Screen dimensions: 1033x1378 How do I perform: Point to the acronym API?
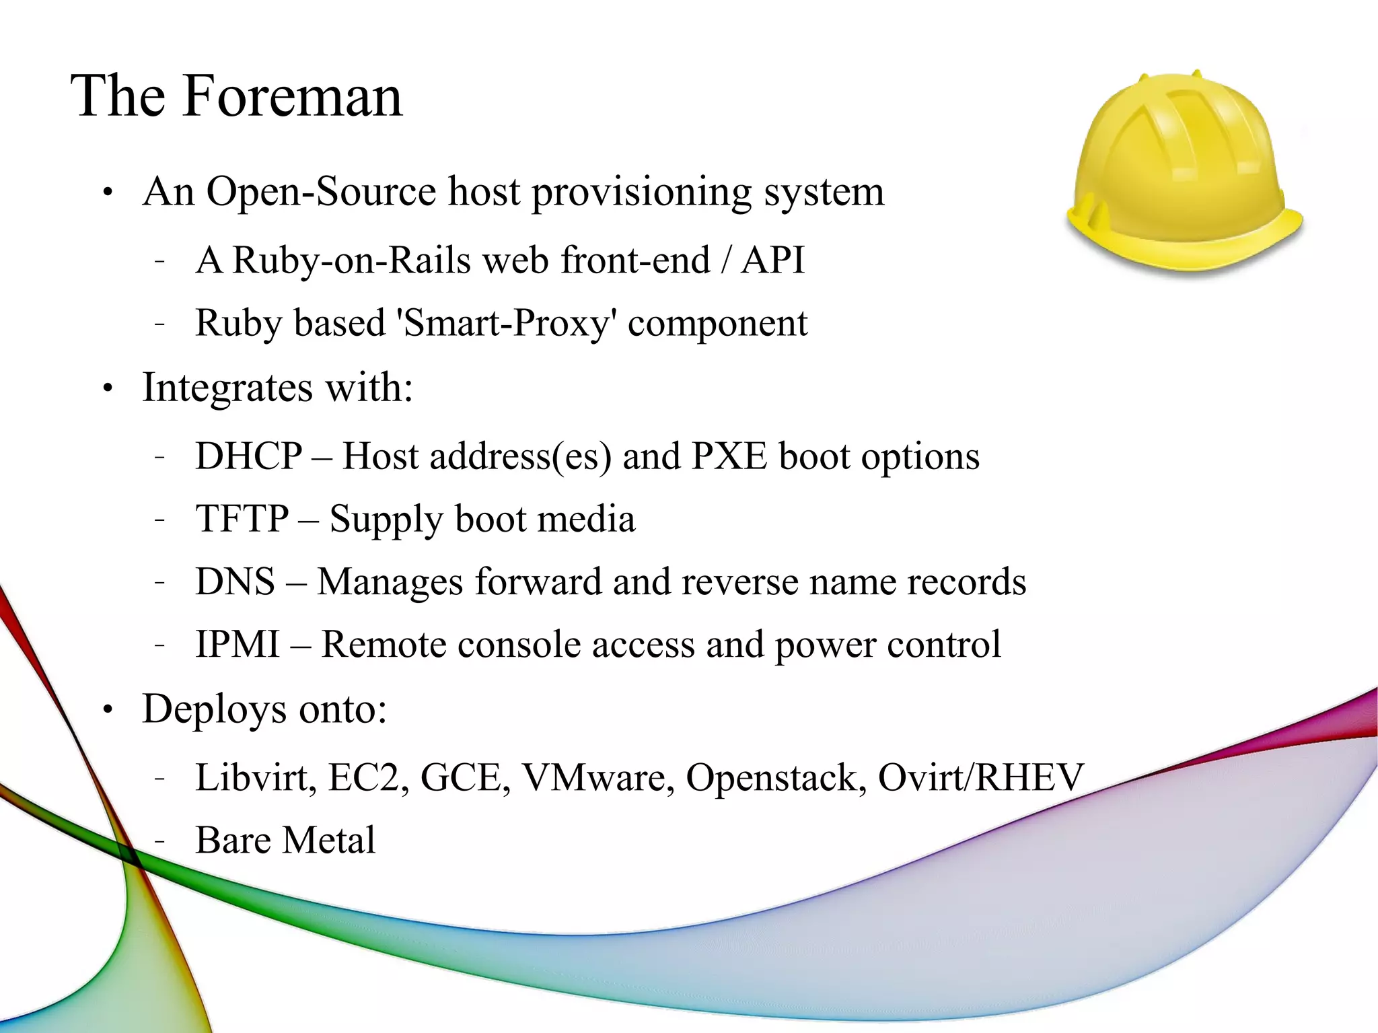point(772,260)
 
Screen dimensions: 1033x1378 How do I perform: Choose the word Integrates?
point(227,388)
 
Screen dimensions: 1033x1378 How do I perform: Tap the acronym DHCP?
point(249,456)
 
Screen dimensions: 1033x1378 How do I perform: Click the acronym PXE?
point(729,456)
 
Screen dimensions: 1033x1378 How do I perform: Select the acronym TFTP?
point(242,519)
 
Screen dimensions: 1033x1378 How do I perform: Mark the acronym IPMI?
point(238,644)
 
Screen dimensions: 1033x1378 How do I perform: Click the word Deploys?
point(215,709)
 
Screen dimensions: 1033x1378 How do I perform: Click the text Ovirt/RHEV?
point(981,778)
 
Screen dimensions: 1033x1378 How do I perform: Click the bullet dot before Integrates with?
point(108,389)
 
